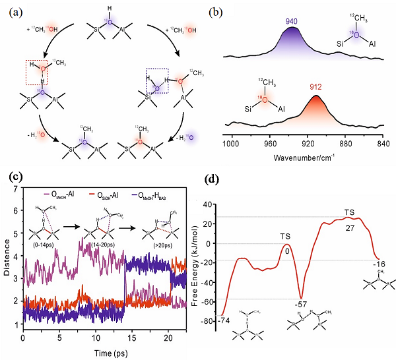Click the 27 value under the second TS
(349, 227)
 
